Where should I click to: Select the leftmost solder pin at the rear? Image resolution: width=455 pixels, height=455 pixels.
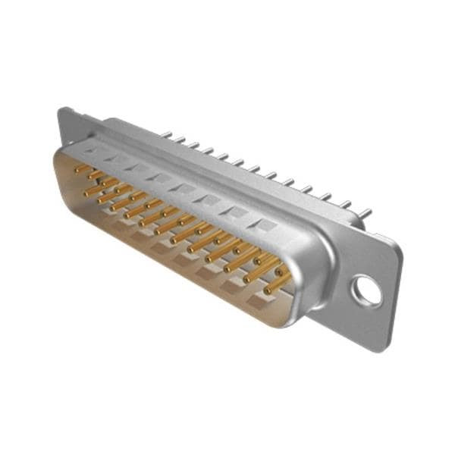168,137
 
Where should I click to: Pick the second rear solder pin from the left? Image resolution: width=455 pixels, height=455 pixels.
182,142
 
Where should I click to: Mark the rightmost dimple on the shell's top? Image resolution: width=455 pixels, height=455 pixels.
265,225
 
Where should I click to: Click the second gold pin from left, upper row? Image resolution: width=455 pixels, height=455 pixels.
96,175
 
